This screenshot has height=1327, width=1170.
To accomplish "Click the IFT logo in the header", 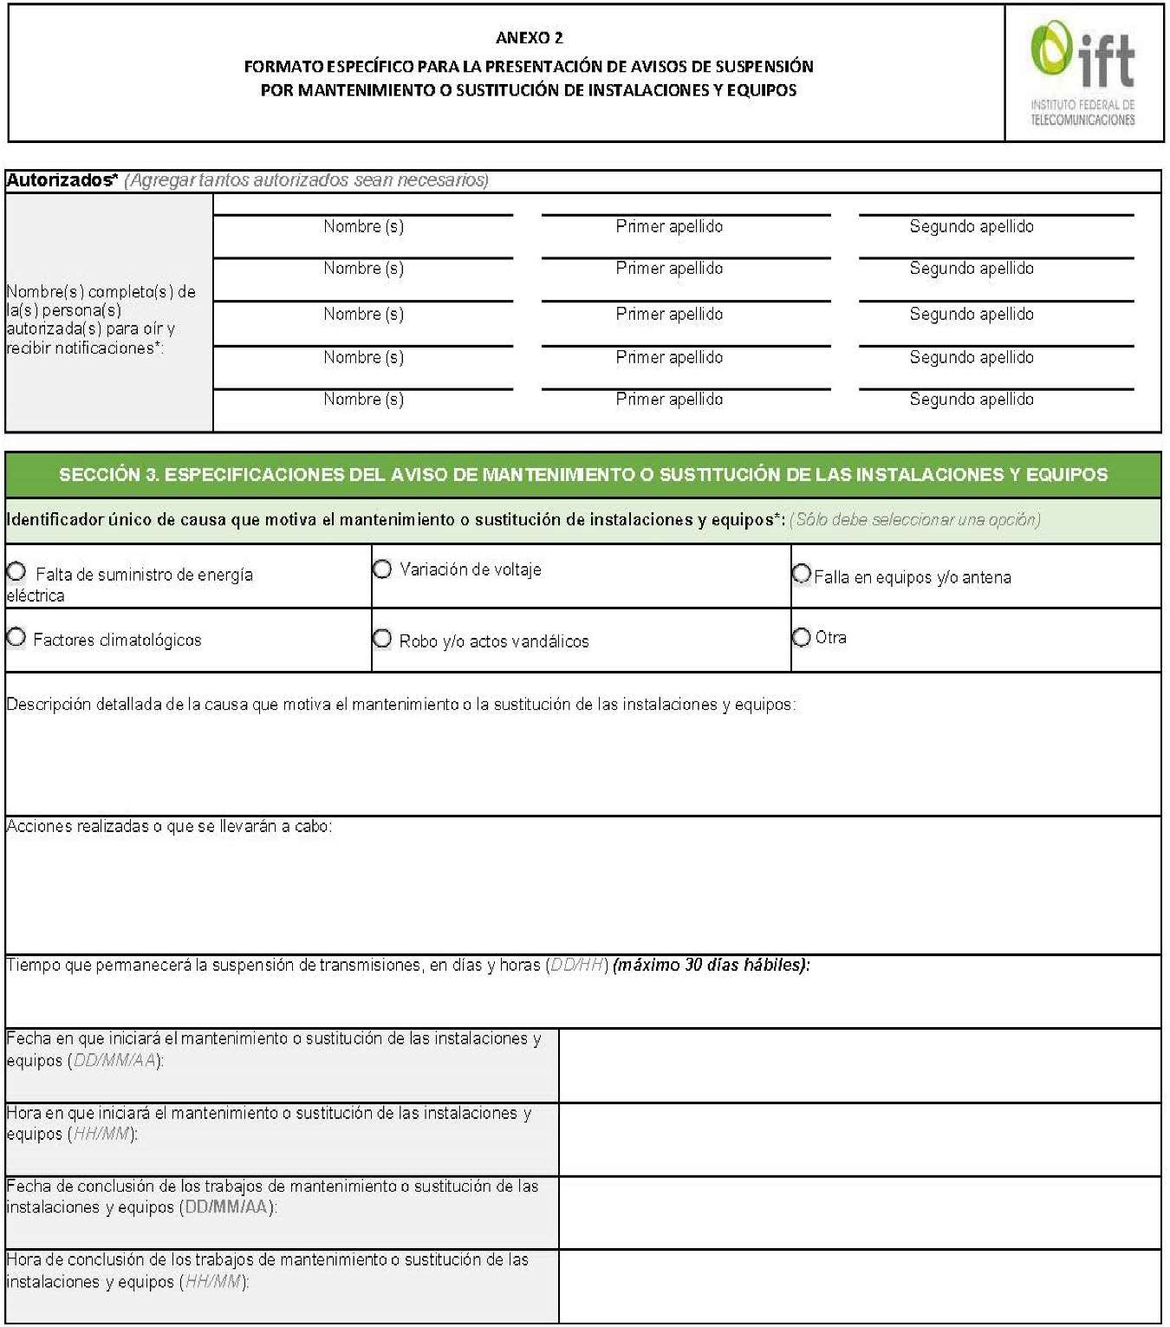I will pos(1082,73).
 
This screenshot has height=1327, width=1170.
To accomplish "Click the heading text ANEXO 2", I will pos(529,37).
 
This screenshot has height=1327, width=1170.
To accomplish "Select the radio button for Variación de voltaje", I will pos(382,569).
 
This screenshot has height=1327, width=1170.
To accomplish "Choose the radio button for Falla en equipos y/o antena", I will pos(802,574).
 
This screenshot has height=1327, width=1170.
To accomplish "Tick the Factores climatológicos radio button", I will pos(16,638).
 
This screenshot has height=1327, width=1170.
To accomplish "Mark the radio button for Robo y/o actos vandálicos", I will pos(382,639).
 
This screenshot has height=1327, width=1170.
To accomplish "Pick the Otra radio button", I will pos(802,637).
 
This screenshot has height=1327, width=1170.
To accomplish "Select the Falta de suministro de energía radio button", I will pos(16,572).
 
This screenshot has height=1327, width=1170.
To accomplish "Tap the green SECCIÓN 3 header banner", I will pos(582,474).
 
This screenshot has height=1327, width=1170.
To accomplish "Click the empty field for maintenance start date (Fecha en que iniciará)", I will pos(859,1065).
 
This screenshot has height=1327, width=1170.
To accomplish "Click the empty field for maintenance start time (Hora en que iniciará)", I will pos(859,1139).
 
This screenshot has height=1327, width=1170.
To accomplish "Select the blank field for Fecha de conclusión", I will pos(859,1213).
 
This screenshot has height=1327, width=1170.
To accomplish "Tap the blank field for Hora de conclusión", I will pos(859,1286).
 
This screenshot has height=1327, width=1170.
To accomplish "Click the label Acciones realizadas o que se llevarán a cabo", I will pos(169,827).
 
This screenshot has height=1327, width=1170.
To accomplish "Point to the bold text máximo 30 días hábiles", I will pos(711,965).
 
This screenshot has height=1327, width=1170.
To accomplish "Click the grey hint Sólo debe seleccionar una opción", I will pos(914,520).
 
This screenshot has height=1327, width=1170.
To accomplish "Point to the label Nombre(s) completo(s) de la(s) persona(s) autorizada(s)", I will pos(101,319).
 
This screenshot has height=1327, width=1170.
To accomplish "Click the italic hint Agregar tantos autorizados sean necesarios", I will pos(307,180).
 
